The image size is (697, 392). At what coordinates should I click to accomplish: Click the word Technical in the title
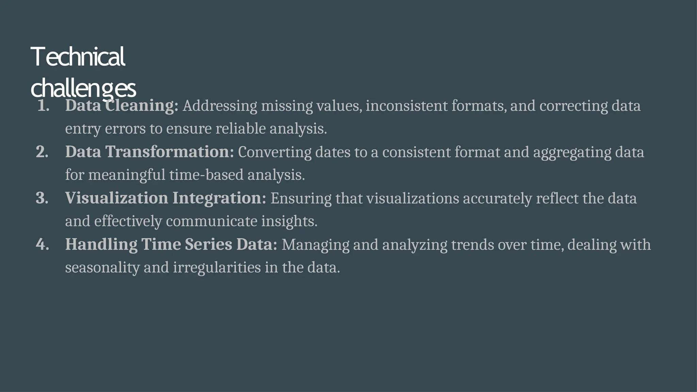point(78,57)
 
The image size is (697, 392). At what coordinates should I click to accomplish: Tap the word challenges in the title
point(83,88)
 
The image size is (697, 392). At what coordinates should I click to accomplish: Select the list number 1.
point(43,106)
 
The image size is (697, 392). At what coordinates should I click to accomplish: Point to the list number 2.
point(42,152)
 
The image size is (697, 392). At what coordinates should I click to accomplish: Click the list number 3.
point(42,198)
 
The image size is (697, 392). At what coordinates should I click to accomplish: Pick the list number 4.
point(42,244)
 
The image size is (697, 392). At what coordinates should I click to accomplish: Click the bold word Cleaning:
point(142,106)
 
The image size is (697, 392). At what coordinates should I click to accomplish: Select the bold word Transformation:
point(169,152)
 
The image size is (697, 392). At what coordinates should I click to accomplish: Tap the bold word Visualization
point(116,198)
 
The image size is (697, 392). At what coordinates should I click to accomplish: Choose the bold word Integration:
point(219,198)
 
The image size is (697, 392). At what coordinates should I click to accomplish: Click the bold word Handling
point(101,244)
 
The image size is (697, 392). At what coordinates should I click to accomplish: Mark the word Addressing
point(220,106)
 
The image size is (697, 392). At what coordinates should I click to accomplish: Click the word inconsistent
point(406,106)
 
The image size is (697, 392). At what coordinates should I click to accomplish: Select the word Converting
point(274,152)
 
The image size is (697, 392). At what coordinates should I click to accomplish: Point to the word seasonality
point(102,267)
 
